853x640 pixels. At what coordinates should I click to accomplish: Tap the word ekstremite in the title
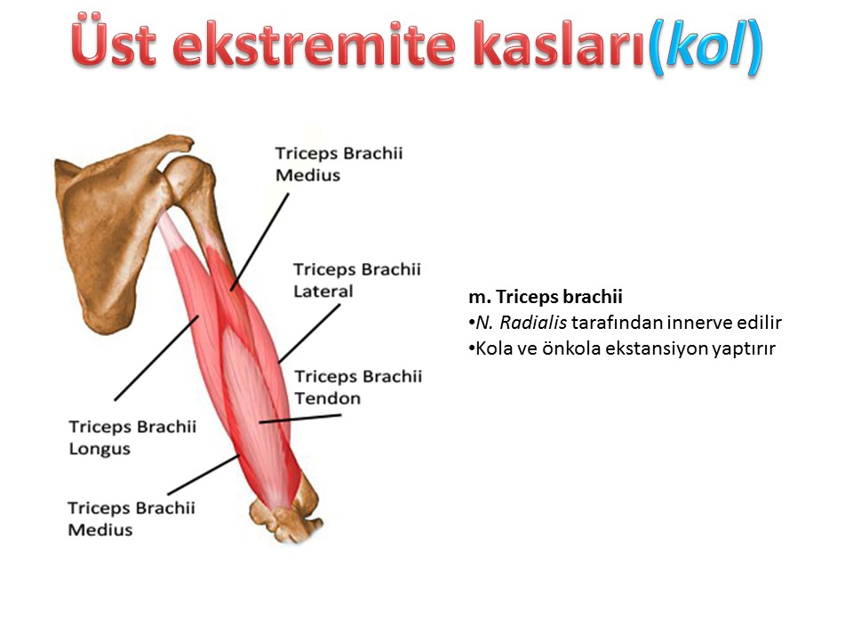314,44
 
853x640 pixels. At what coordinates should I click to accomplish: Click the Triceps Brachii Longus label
132,437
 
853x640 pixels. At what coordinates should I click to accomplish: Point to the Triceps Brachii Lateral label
357,280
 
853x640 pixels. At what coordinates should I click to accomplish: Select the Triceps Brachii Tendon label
358,387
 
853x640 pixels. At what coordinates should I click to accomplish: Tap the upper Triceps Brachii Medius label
339,164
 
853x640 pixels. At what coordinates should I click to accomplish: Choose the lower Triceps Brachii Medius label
132,518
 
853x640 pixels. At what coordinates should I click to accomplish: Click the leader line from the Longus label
156,357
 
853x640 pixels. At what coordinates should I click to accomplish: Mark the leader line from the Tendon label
300,419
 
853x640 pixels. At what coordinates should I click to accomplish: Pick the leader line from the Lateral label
309,333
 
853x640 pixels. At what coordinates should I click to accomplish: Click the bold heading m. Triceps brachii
545,297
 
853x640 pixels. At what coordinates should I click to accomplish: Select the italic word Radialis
532,322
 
